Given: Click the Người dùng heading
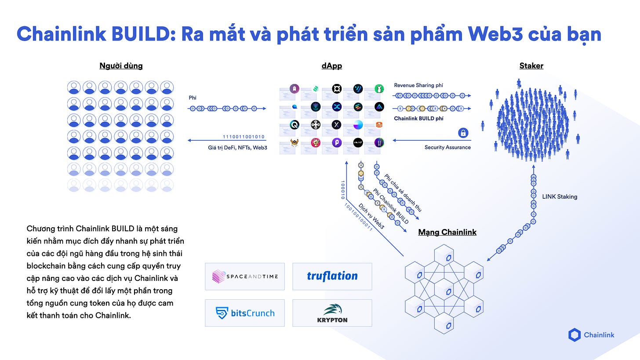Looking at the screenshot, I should (121, 66).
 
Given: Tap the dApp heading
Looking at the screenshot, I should (331, 66).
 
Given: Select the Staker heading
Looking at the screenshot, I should (531, 66).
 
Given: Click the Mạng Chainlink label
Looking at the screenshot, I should (447, 232).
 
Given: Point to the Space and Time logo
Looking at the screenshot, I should (245, 276).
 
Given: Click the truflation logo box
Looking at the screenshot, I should (332, 276).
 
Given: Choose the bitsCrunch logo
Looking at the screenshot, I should (245, 313).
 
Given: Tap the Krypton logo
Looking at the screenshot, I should (332, 313).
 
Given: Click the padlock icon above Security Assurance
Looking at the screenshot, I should (463, 133).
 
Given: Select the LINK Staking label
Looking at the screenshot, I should (560, 196).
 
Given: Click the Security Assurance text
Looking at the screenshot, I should (447, 147).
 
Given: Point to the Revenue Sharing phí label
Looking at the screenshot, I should (418, 85).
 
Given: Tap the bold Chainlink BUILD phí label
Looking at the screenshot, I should (418, 118).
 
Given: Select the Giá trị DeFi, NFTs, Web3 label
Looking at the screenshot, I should (237, 148).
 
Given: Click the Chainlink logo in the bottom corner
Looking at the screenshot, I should (591, 335).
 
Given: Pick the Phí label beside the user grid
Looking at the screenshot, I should (193, 98).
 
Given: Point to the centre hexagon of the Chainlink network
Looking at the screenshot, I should (447, 289).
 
